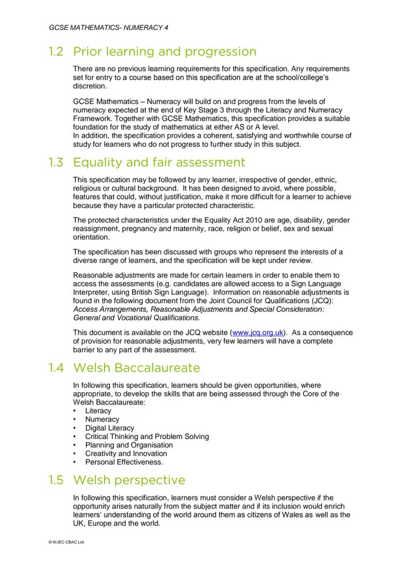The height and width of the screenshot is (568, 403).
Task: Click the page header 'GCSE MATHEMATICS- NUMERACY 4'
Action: click(x=109, y=28)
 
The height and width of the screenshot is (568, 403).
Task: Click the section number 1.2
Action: click(x=56, y=52)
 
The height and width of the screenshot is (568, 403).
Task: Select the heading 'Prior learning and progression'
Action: click(x=165, y=52)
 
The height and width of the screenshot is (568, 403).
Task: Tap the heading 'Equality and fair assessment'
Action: click(x=159, y=162)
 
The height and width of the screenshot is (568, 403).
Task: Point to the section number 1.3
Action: click(x=56, y=162)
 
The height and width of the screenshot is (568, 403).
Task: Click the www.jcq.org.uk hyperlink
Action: click(x=258, y=333)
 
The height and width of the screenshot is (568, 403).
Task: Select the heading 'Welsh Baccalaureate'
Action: click(x=136, y=368)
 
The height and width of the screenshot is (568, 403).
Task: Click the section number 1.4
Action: click(x=56, y=368)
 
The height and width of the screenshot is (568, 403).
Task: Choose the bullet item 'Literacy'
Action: click(x=98, y=411)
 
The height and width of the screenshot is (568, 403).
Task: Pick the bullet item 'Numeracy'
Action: click(x=102, y=419)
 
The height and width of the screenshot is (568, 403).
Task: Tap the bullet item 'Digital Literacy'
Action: click(x=110, y=428)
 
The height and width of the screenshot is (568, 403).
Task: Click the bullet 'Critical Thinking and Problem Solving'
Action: click(x=147, y=436)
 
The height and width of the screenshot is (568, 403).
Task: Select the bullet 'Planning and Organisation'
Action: click(x=129, y=445)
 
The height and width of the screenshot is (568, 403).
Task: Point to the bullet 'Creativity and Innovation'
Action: click(x=126, y=454)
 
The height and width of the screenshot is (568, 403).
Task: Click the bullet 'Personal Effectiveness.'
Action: click(x=124, y=462)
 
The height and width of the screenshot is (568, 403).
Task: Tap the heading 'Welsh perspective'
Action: click(x=129, y=480)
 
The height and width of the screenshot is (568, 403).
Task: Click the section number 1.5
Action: click(x=56, y=480)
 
